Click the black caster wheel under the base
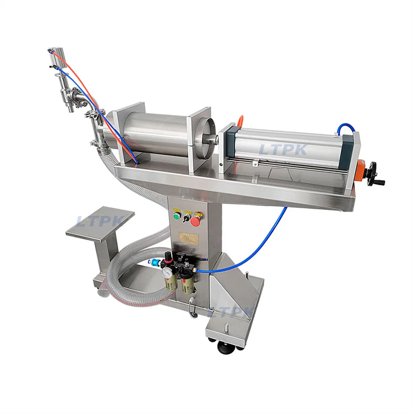pos(225,347)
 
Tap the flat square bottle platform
pos(100,224)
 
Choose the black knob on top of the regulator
pos(168,256)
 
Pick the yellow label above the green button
pos(177,209)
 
